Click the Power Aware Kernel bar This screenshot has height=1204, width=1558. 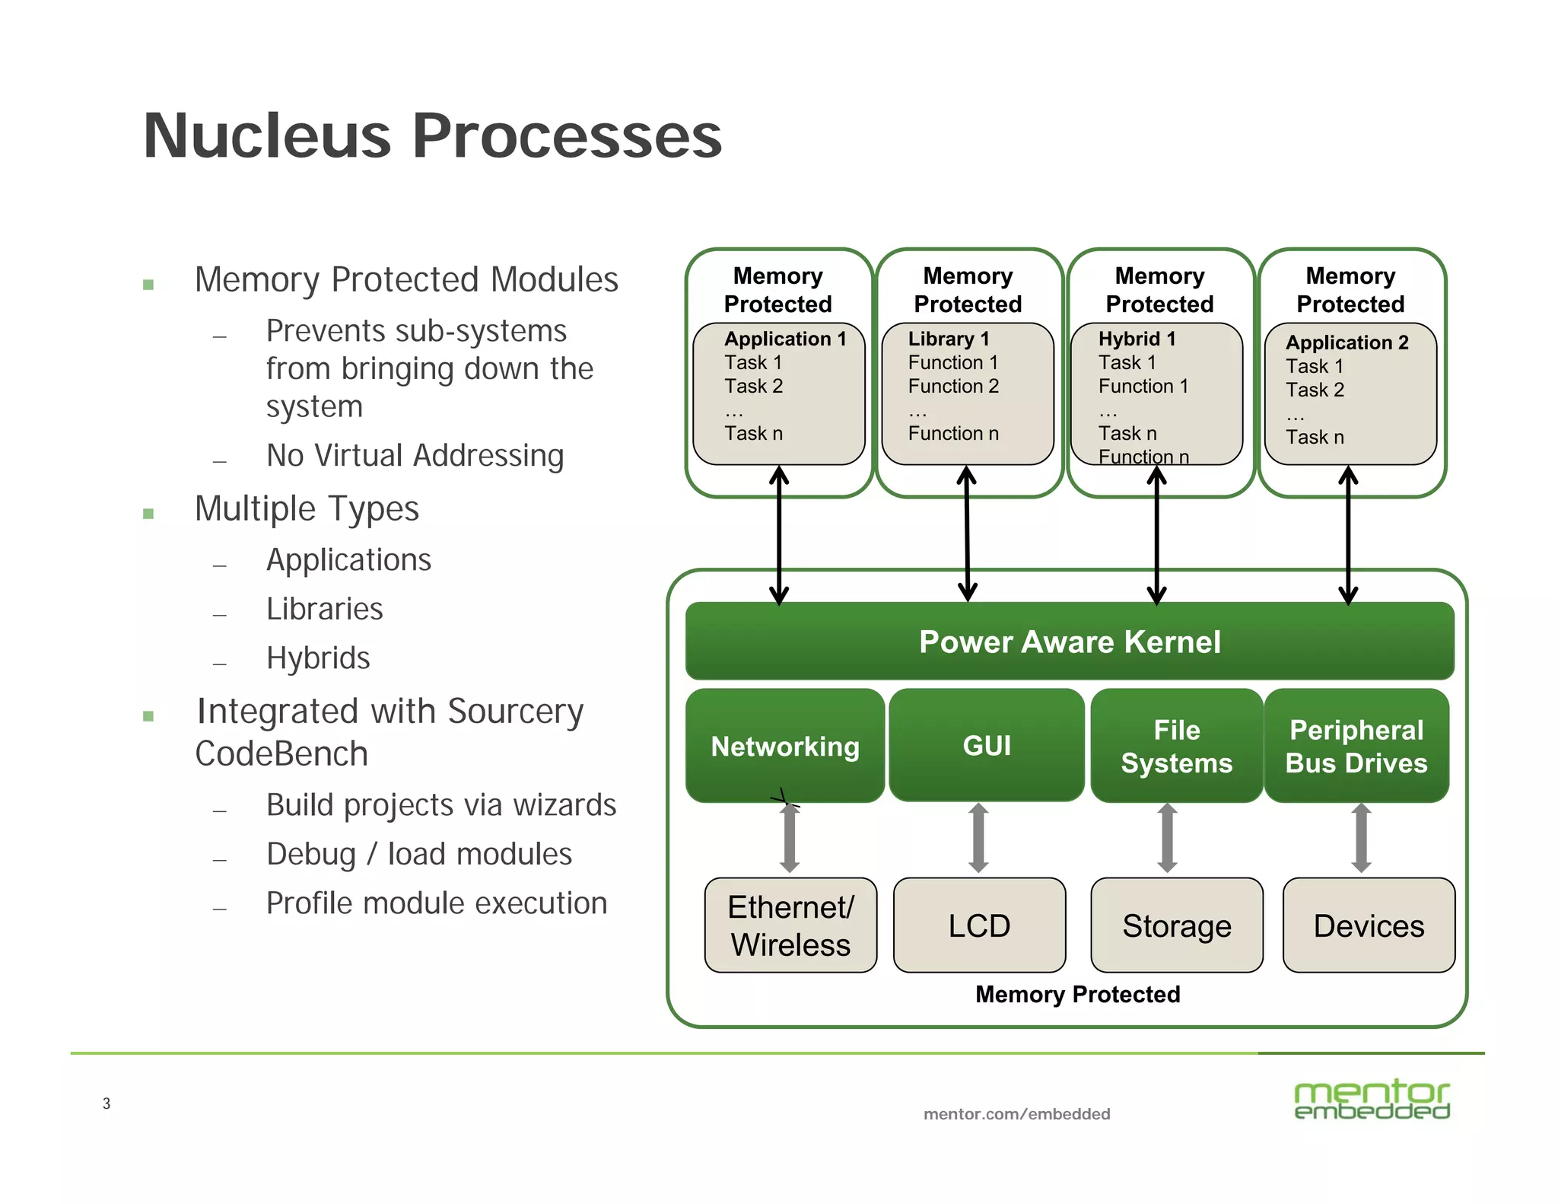click(1069, 642)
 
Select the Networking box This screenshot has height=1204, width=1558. click(784, 746)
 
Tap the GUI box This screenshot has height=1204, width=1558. click(987, 746)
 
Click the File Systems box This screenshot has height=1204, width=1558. click(1176, 746)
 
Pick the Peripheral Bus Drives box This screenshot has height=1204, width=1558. click(1356, 746)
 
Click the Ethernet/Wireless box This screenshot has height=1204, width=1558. click(790, 925)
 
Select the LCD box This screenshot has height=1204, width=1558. click(979, 925)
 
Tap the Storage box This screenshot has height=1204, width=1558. click(1176, 925)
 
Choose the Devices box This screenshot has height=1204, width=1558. click(1369, 925)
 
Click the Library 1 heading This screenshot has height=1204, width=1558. click(949, 339)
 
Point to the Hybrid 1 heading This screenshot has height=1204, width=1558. click(1137, 339)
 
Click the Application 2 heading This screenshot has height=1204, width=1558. click(1347, 342)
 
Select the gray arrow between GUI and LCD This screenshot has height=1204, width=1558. click(979, 838)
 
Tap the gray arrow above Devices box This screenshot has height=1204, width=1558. click(1361, 838)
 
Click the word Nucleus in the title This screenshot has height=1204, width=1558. click(266, 136)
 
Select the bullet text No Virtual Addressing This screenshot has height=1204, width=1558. click(415, 456)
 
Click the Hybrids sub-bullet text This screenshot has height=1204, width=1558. click(318, 658)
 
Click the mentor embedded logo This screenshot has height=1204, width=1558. click(1372, 1100)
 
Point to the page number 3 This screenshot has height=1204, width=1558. click(107, 1104)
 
